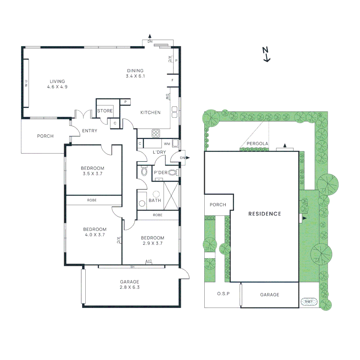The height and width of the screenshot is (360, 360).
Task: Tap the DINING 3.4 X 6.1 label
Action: click(x=135, y=73)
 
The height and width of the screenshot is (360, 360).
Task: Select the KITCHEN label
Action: click(x=150, y=113)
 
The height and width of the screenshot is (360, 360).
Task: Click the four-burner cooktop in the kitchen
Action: click(x=156, y=133)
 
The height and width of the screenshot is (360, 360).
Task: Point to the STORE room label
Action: click(x=105, y=111)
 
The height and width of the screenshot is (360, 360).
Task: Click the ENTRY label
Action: click(x=90, y=131)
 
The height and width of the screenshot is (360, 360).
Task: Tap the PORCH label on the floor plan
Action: click(x=45, y=136)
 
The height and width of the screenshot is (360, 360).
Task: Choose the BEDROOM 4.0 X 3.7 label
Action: click(x=95, y=232)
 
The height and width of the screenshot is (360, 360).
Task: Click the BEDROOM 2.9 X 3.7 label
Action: click(x=152, y=240)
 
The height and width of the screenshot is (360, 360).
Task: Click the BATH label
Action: click(x=155, y=200)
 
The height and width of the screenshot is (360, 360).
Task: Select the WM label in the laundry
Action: click(x=167, y=144)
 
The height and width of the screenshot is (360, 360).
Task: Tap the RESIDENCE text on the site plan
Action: click(x=265, y=214)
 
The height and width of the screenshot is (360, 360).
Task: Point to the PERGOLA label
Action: click(x=256, y=144)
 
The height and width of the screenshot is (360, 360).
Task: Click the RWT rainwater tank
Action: click(x=309, y=302)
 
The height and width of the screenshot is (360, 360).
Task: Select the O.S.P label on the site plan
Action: click(x=224, y=294)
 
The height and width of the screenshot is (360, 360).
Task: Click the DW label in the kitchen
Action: click(x=167, y=96)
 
